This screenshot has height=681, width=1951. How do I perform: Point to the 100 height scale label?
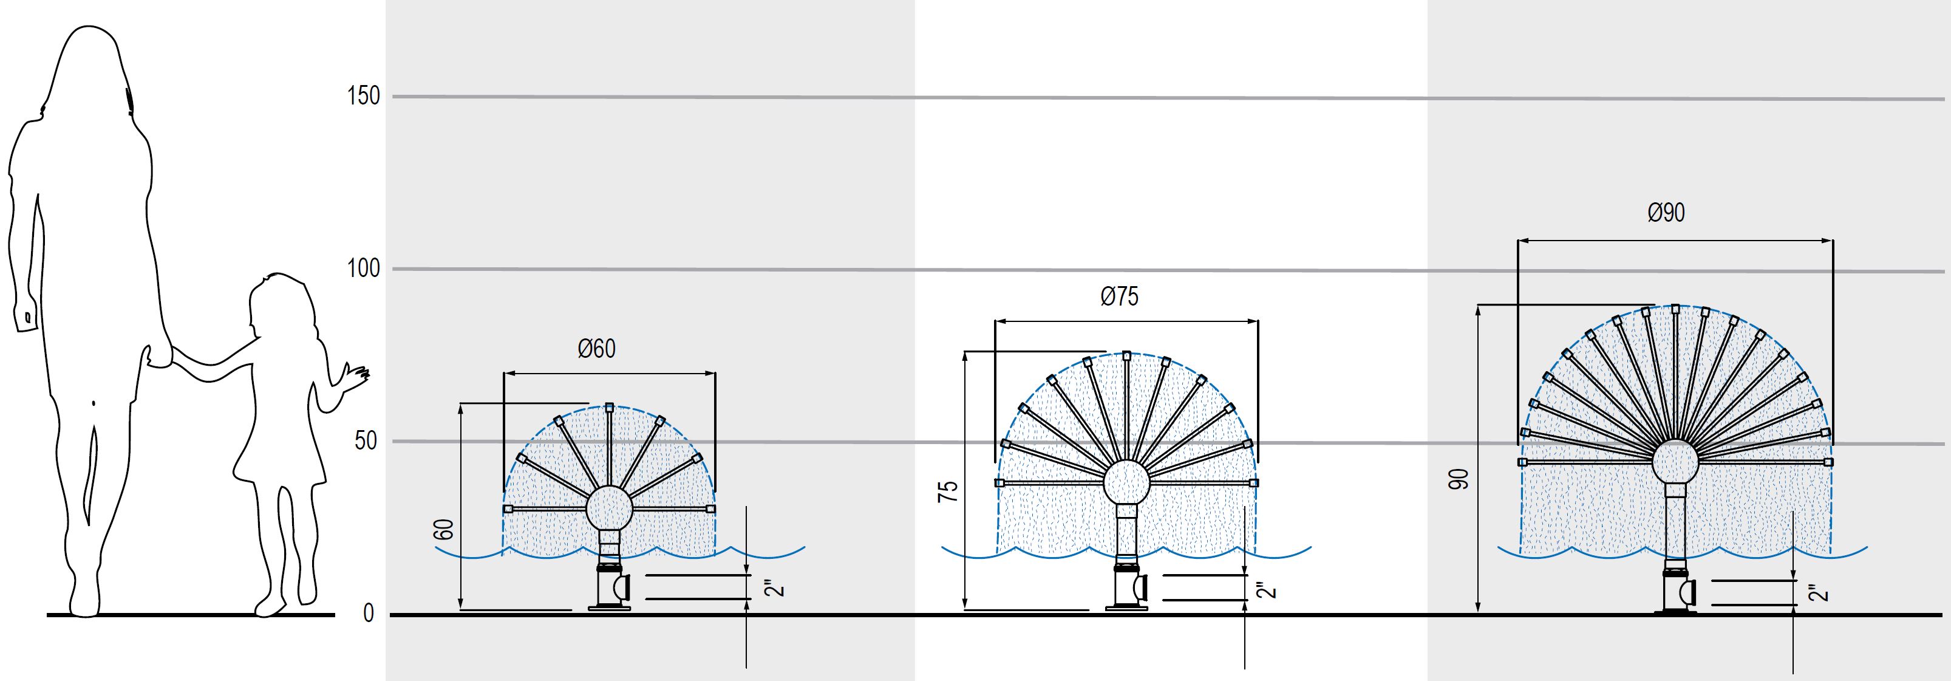click(x=364, y=269)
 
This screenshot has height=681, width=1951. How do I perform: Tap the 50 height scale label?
click(x=366, y=441)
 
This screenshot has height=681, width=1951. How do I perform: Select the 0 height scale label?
click(x=369, y=614)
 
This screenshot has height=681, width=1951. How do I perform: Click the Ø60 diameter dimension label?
click(x=597, y=349)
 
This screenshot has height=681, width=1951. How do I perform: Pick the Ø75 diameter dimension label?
click(x=1119, y=296)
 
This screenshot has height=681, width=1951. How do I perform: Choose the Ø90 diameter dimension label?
click(x=1666, y=213)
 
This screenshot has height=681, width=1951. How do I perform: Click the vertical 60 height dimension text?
click(x=446, y=529)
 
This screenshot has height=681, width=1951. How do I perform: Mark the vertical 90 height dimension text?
click(x=1459, y=479)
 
